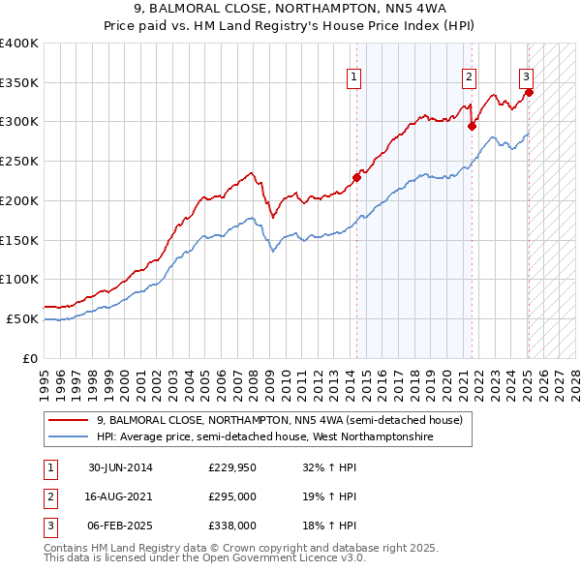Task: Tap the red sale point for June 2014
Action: (356, 177)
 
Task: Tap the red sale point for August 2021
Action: (472, 125)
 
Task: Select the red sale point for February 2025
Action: (530, 91)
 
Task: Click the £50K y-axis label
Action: (23, 318)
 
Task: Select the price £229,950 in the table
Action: (231, 468)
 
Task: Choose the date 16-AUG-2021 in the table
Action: (121, 496)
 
